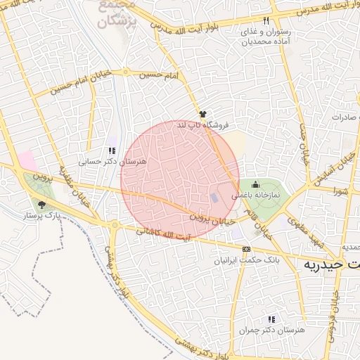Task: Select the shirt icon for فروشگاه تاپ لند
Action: (x=202, y=113)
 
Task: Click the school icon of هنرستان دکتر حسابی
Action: (x=111, y=150)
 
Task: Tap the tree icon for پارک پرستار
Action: (x=41, y=205)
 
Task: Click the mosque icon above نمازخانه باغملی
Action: (x=255, y=185)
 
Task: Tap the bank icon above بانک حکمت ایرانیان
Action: (x=246, y=249)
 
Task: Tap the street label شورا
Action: (x=341, y=191)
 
